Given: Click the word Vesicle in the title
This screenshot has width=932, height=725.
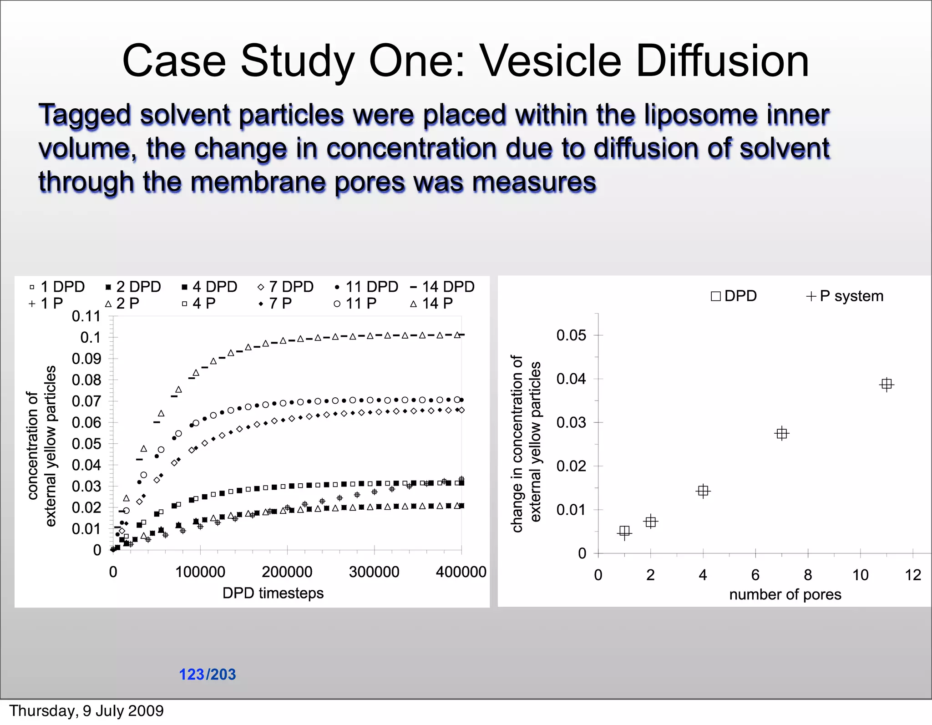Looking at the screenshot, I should click(x=551, y=61).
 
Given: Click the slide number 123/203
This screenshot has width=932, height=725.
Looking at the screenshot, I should click(x=208, y=674).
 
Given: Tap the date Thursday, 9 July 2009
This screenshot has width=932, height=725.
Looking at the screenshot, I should click(x=86, y=710).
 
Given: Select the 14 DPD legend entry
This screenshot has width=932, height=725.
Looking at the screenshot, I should click(x=442, y=287).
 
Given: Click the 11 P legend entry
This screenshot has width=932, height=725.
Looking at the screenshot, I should click(x=356, y=304).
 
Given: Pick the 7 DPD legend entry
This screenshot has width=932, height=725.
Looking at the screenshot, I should click(x=286, y=287).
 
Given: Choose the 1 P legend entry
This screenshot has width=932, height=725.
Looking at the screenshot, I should click(x=46, y=304).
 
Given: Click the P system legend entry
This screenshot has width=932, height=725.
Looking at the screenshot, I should click(x=845, y=296).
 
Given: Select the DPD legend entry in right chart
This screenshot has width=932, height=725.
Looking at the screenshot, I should click(x=734, y=296).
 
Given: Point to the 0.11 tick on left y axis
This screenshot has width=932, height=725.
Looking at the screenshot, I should click(x=86, y=316).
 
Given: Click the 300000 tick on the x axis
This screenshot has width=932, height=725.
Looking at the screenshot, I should click(x=374, y=572).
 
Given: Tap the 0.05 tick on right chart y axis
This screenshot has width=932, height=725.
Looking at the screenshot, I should click(x=571, y=335).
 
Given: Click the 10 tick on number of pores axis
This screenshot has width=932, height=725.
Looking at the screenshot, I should click(x=860, y=575).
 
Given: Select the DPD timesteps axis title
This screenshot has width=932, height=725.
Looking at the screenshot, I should click(x=273, y=593).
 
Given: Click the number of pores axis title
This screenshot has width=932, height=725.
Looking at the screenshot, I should click(x=785, y=594).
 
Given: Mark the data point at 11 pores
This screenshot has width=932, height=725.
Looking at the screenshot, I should click(x=886, y=384).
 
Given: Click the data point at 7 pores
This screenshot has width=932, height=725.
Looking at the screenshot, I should click(x=781, y=433).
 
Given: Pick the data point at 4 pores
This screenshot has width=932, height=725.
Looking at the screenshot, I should click(x=703, y=491).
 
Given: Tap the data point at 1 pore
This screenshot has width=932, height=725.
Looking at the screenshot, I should click(x=624, y=532).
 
